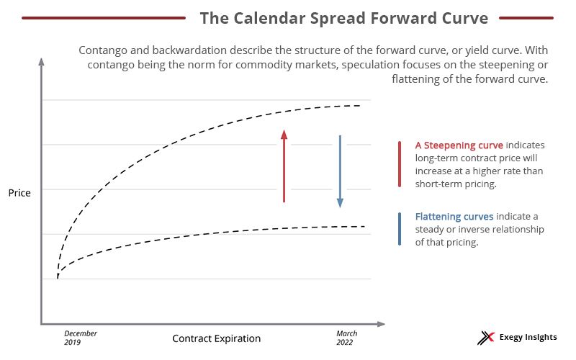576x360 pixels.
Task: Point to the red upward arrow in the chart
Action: click(x=284, y=166)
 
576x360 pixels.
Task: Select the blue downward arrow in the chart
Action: click(x=340, y=171)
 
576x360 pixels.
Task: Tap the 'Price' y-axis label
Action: click(x=19, y=193)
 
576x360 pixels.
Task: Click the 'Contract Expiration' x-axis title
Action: click(x=216, y=338)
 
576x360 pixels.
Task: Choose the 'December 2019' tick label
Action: click(x=80, y=338)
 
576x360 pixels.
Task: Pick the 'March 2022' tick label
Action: click(x=346, y=338)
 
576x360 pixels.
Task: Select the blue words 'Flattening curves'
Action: click(x=454, y=216)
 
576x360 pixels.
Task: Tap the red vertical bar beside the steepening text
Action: click(x=400, y=164)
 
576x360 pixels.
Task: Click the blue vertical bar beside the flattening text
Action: click(x=400, y=229)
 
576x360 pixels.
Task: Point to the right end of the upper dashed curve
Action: click(x=359, y=106)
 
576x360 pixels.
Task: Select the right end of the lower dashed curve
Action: click(x=364, y=226)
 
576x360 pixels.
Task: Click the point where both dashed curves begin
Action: click(x=58, y=277)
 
